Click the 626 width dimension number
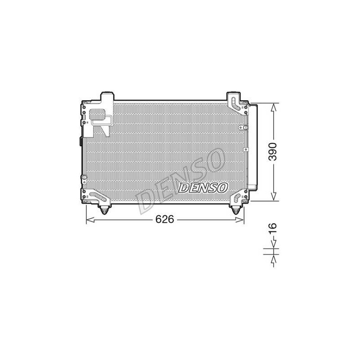click(165, 220)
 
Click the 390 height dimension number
click(273, 152)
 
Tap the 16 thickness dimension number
click(273, 228)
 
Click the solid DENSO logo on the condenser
click(203, 188)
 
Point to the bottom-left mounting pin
click(104, 210)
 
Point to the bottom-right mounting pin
click(235, 210)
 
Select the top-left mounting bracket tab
click(108, 96)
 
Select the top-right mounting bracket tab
click(233, 96)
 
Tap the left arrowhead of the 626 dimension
click(90, 220)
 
